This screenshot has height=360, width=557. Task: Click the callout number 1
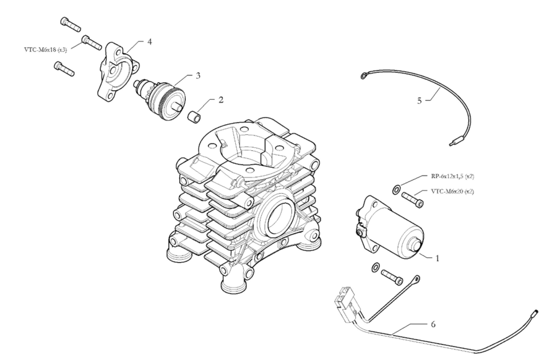437,259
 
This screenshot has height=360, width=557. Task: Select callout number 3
197,75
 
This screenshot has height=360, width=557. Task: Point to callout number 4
149,41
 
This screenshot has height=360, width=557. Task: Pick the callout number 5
420,99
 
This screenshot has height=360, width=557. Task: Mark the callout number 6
431,324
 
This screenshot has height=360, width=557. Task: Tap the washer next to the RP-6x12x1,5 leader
396,187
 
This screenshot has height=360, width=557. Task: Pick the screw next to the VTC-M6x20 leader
412,200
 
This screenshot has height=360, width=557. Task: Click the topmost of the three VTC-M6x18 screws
71,24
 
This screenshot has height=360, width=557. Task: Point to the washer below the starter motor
375,267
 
